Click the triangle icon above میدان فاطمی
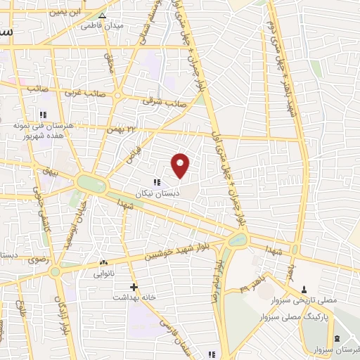[103, 15]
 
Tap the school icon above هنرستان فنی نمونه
[42, 115]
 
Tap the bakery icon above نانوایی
[103, 262]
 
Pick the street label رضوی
[37, 259]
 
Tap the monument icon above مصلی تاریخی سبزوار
[304, 289]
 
